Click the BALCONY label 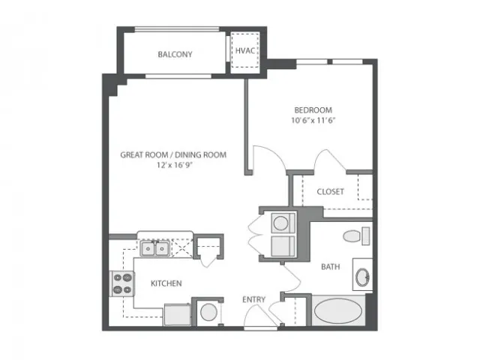(175, 55)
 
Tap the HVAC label (245, 50)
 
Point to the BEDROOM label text (313, 110)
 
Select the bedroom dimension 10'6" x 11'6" (313, 120)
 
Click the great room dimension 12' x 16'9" (175, 165)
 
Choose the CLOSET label (330, 192)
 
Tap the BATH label (330, 267)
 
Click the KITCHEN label (166, 283)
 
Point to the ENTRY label (253, 300)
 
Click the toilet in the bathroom (356, 236)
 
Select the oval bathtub (338, 311)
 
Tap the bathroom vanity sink (362, 277)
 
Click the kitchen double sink (155, 248)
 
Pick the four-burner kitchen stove (122, 283)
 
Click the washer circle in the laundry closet (280, 223)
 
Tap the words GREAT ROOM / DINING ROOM (173, 155)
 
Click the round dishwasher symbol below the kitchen (208, 312)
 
